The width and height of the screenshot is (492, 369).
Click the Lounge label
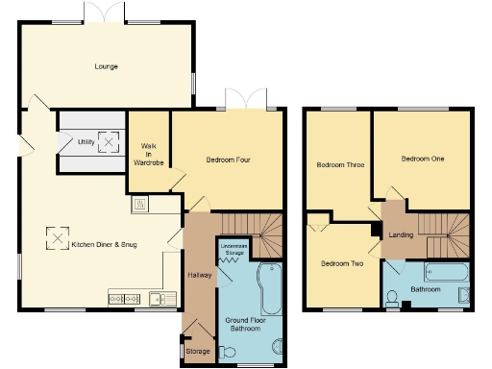[106, 66]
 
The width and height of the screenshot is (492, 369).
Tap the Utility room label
[86, 141]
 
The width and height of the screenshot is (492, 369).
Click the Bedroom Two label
[341, 263]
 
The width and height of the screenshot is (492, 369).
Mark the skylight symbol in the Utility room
[111, 142]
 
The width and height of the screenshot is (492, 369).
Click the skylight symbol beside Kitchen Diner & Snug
[60, 237]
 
